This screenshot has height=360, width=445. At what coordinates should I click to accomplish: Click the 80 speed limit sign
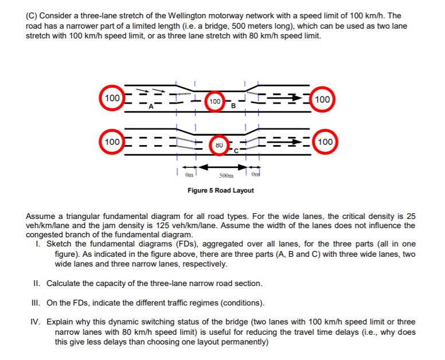coord(218,145)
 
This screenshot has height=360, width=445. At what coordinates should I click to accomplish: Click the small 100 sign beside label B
coord(214,102)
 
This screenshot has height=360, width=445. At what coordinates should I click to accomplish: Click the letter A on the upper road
coord(151,106)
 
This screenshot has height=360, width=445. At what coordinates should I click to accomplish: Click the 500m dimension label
coord(227,175)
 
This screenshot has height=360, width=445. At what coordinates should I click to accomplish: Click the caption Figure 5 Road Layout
coord(221,190)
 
